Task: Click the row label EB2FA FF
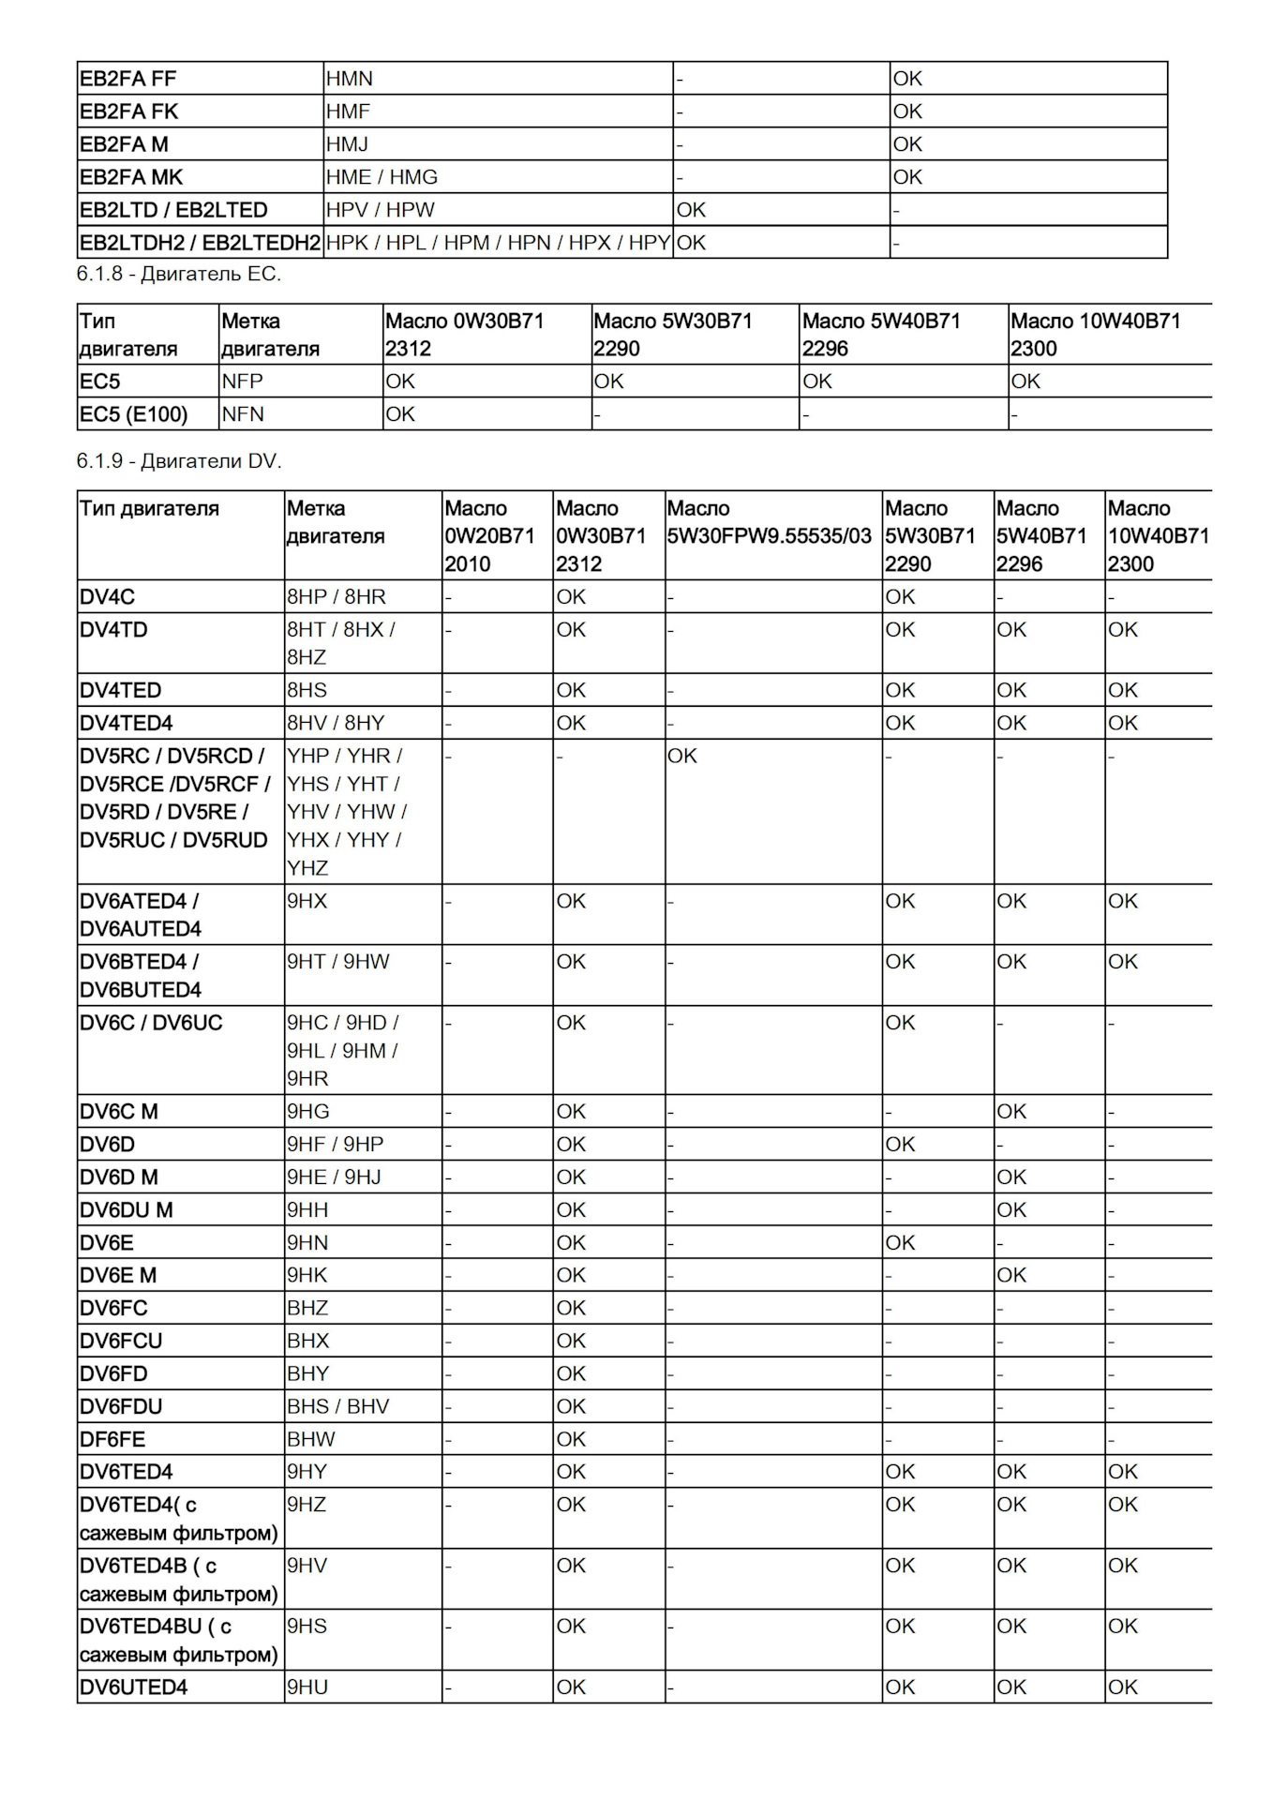click(127, 79)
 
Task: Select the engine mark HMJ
click(347, 144)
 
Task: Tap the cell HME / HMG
click(382, 177)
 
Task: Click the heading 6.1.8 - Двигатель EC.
click(179, 274)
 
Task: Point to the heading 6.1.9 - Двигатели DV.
click(179, 461)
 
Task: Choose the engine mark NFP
click(243, 382)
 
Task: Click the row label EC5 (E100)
click(133, 414)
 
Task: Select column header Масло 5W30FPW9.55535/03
click(769, 522)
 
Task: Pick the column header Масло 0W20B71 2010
click(489, 535)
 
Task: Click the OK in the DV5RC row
click(682, 757)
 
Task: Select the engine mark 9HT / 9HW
click(337, 962)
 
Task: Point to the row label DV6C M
click(119, 1112)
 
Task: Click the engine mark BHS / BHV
click(337, 1406)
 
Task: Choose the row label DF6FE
click(112, 1439)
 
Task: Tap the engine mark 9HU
click(307, 1687)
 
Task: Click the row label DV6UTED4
click(133, 1687)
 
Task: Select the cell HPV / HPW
click(380, 210)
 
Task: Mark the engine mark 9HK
click(307, 1275)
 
